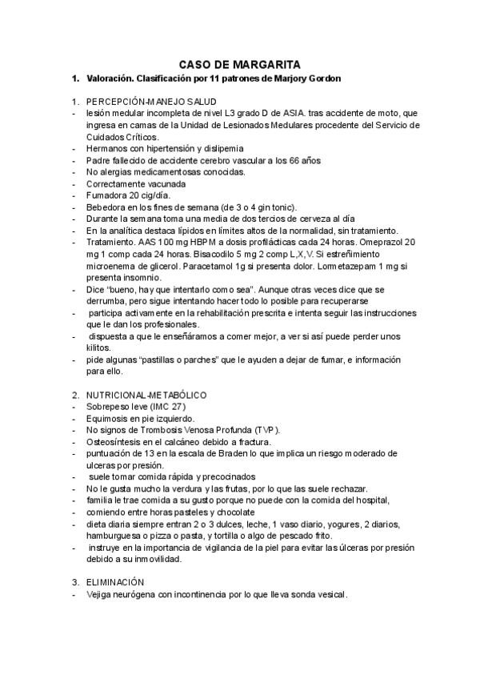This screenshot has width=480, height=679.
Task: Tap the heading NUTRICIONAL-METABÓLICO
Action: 147,395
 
